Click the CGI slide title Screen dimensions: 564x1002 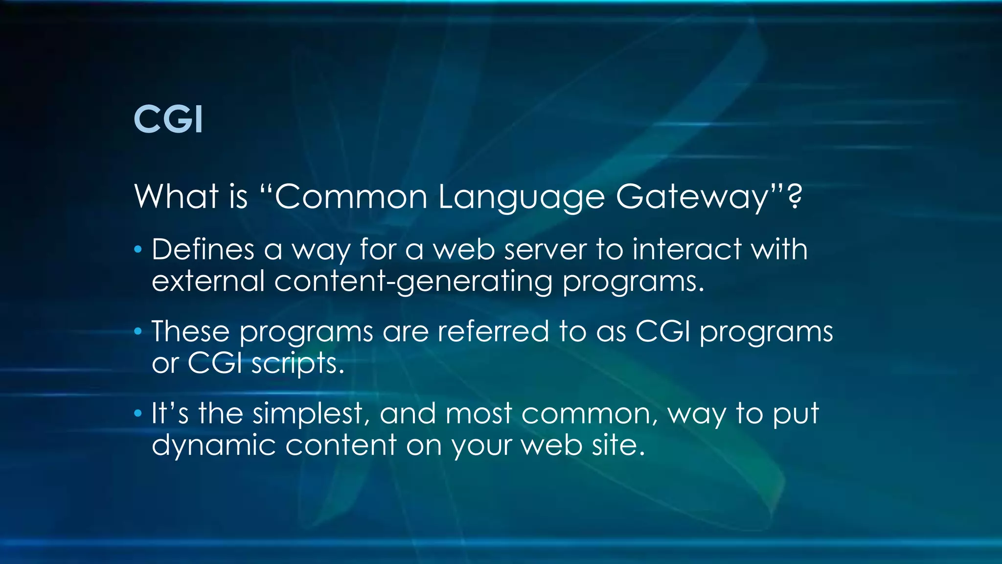click(168, 119)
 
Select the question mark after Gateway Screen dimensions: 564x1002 click(796, 195)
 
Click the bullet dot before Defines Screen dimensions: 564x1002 click(138, 250)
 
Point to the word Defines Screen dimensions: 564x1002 click(203, 249)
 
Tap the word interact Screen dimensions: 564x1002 click(686, 249)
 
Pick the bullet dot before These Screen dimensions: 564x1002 click(138, 332)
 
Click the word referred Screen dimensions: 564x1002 click(493, 331)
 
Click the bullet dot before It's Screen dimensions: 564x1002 click(138, 414)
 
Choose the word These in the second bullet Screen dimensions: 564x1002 click(190, 331)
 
